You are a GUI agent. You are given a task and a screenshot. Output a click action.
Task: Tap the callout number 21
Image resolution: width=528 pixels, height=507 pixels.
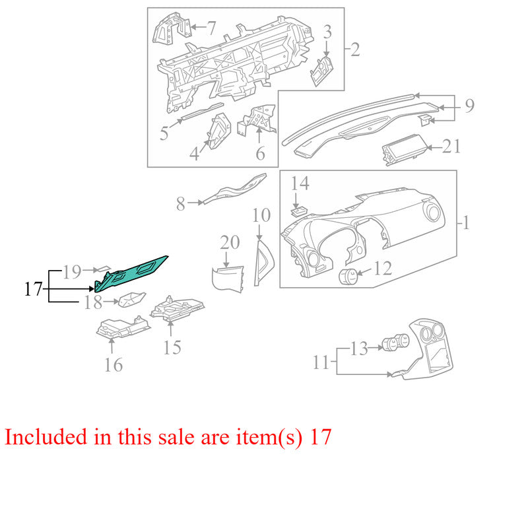click(451, 147)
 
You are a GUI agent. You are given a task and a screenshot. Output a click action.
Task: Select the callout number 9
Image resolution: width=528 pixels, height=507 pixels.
click(470, 106)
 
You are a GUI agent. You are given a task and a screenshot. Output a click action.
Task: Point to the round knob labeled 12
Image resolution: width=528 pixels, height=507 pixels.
click(348, 277)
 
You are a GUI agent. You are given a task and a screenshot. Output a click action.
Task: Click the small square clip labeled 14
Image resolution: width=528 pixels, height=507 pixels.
click(298, 211)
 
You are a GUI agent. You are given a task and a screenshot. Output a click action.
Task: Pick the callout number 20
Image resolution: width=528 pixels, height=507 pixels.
click(230, 242)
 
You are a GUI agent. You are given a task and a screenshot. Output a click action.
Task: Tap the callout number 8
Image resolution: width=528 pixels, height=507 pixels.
click(181, 204)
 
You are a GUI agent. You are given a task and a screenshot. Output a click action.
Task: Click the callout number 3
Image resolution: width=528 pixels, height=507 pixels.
click(327, 32)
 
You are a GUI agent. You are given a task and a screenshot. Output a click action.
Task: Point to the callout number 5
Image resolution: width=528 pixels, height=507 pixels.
click(164, 133)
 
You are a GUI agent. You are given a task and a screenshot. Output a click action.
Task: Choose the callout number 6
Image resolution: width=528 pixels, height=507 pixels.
click(260, 154)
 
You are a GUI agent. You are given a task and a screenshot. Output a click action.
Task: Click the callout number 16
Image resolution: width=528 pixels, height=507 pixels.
click(114, 365)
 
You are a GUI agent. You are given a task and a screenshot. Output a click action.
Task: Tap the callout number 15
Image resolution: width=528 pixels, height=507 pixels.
click(172, 347)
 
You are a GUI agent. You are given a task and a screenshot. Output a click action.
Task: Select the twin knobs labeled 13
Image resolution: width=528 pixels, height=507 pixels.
click(395, 342)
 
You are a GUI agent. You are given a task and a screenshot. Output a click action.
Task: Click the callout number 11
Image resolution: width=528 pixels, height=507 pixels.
click(321, 362)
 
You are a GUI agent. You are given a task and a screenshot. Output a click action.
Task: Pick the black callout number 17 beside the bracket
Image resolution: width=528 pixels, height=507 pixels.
click(34, 289)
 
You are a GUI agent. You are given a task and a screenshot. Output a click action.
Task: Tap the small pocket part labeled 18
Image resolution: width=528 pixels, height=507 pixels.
click(131, 300)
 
